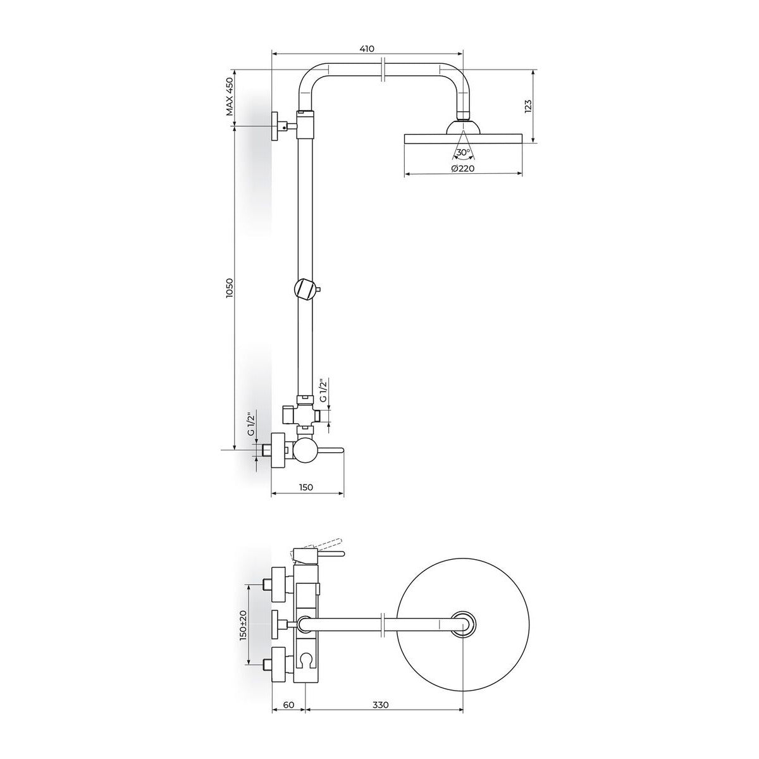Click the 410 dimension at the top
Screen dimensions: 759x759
click(x=367, y=49)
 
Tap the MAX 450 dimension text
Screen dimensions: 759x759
click(x=230, y=97)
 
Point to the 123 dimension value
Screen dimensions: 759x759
click(x=528, y=107)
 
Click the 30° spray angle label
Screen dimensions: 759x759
click(x=463, y=152)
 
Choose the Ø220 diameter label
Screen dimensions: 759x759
click(x=463, y=168)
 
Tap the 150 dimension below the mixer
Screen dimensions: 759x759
click(x=305, y=487)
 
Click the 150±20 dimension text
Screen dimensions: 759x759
click(x=243, y=627)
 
